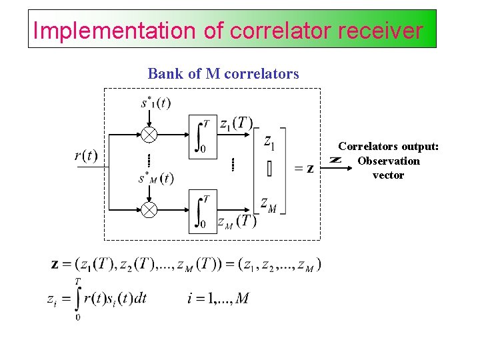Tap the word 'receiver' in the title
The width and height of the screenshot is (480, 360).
385,31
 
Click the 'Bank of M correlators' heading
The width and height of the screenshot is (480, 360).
223,73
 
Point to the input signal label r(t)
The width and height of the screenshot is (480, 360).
85,156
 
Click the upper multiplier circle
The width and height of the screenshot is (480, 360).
149,135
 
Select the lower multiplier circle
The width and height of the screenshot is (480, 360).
149,211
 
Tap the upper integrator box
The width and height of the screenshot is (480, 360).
203,137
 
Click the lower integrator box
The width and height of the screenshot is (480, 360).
203,212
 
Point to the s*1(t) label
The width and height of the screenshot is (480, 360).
155,103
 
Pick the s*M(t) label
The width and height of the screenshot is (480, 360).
156,179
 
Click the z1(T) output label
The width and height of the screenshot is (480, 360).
236,123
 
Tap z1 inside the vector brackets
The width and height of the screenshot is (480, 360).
269,141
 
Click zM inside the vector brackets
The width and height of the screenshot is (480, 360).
269,204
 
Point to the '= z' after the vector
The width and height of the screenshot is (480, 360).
304,169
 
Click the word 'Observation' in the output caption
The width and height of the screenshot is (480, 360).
389,161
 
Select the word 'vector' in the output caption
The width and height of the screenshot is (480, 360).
389,175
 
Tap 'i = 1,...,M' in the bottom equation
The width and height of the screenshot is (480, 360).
218,298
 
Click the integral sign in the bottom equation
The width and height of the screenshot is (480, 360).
78,299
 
